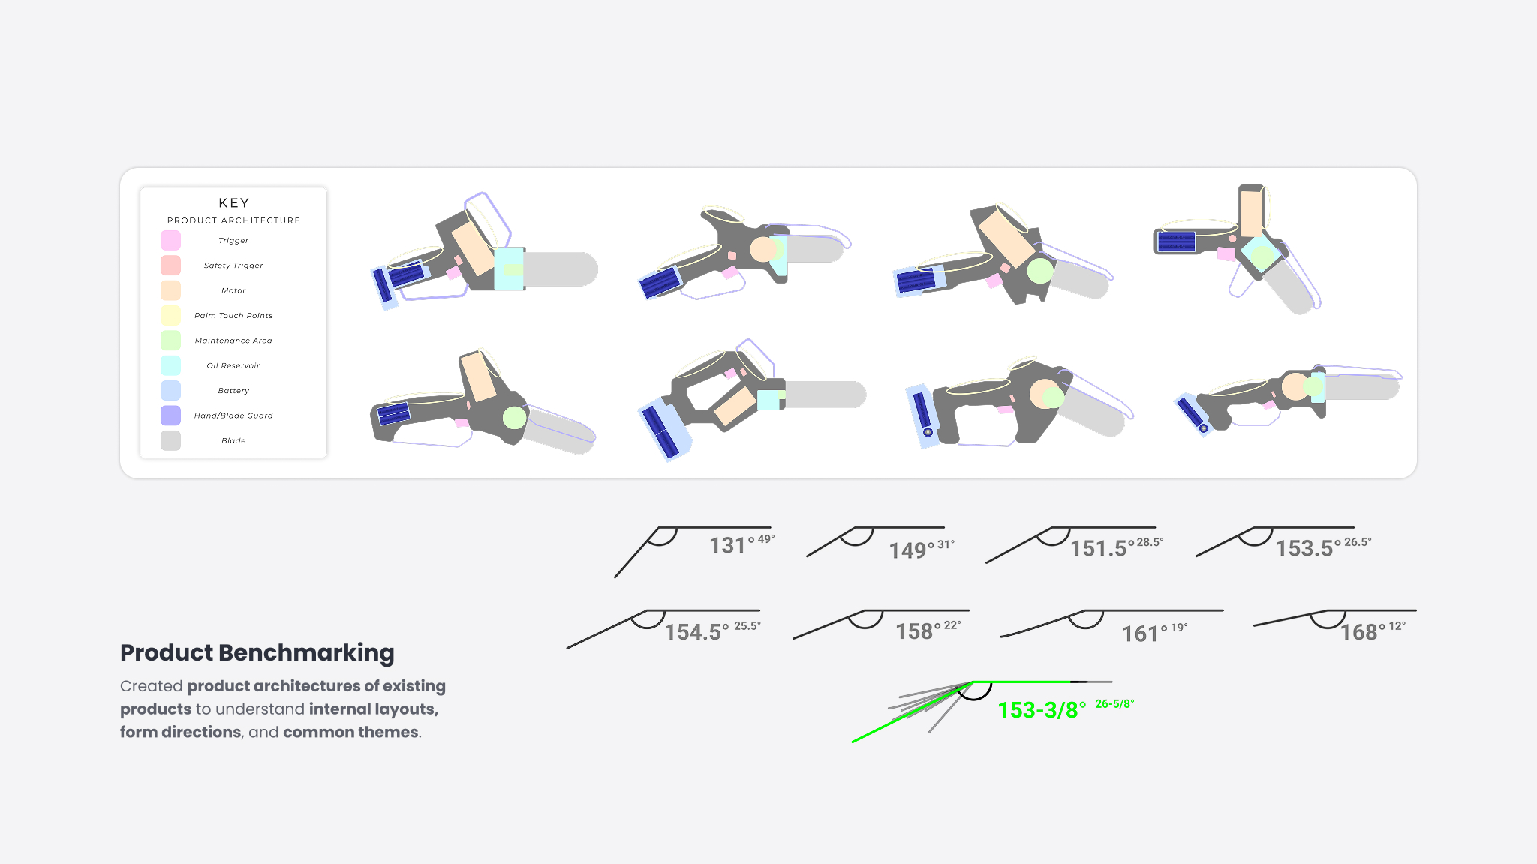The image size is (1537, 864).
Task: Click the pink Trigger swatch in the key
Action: pyautogui.click(x=170, y=241)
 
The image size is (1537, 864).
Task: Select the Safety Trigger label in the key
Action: pyautogui.click(x=233, y=265)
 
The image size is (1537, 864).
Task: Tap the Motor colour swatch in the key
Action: pyautogui.click(x=170, y=290)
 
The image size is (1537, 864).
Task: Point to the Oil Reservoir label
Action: pyautogui.click(x=233, y=365)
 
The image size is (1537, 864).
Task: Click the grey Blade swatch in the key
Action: pyautogui.click(x=170, y=440)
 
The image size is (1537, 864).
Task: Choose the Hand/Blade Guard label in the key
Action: pyautogui.click(x=233, y=415)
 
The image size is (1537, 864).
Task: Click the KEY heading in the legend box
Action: pyautogui.click(x=234, y=203)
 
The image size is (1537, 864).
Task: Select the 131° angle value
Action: pyautogui.click(x=732, y=545)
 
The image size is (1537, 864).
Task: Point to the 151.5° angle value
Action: pyautogui.click(x=1102, y=548)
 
